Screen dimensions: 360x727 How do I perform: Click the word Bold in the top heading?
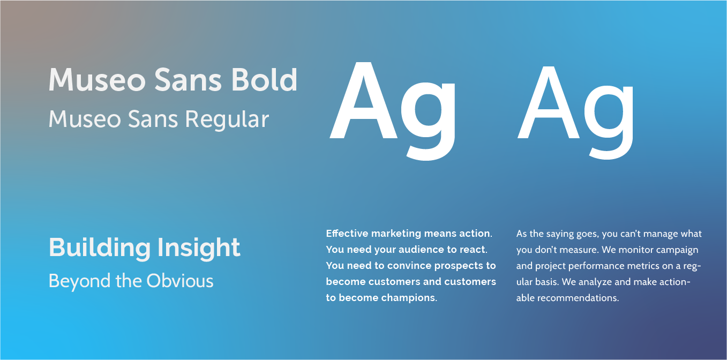pos(264,80)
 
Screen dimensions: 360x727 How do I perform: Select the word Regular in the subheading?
pos(227,119)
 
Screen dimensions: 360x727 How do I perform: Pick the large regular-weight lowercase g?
pos(610,115)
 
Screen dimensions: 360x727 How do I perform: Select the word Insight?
pos(199,248)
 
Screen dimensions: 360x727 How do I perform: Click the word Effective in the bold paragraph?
pos(347,234)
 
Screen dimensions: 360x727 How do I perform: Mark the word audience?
pos(413,250)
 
